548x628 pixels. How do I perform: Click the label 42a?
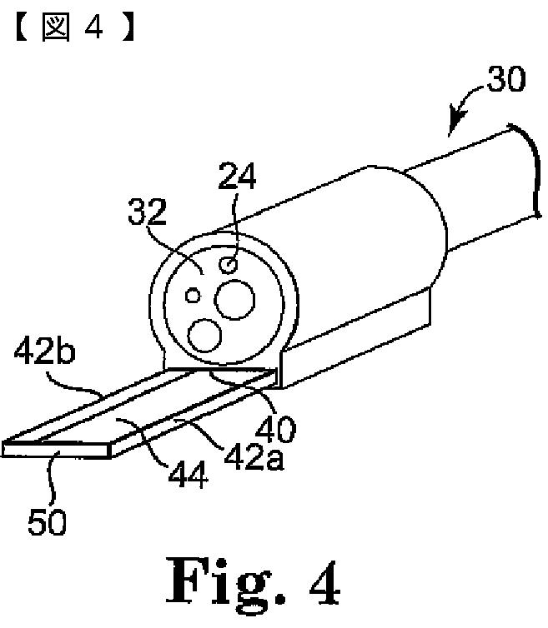point(255,456)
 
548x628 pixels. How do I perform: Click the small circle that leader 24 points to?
point(228,265)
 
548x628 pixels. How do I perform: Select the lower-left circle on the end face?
point(204,336)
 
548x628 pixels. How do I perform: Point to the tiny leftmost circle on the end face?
point(194,295)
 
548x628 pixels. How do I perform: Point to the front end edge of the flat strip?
point(58,448)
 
